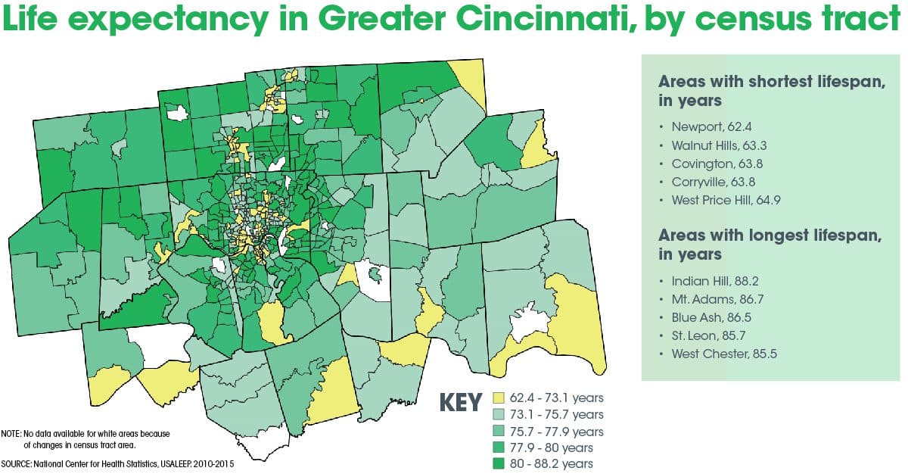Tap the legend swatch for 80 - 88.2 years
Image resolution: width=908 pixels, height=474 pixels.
(499, 463)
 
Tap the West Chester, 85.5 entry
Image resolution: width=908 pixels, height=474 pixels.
(723, 354)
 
